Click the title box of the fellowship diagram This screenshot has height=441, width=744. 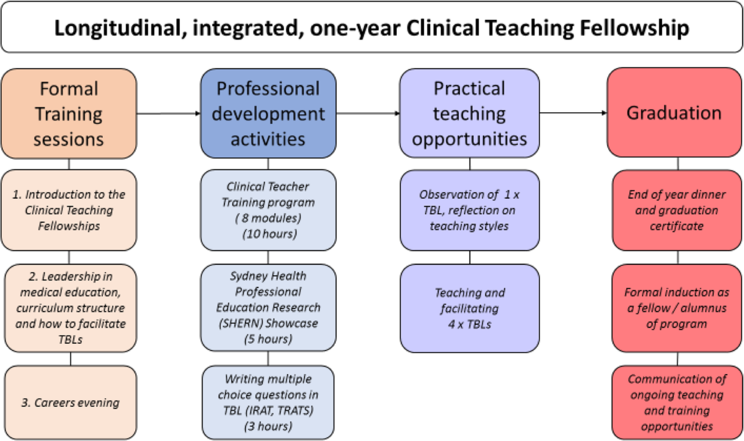(372, 27)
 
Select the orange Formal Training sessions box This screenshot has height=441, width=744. (69, 113)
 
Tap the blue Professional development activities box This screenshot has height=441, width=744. (268, 113)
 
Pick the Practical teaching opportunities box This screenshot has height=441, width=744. (469, 113)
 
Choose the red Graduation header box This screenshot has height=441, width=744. (675, 113)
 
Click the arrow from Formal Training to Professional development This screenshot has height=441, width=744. (169, 113)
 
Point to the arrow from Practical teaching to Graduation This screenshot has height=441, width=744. (573, 113)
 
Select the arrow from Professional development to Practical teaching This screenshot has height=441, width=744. (368, 113)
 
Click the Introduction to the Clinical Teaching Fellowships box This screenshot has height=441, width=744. (69, 210)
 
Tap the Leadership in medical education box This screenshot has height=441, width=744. (71, 308)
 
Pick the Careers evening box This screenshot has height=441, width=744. (71, 403)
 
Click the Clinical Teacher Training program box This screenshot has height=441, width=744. (268, 210)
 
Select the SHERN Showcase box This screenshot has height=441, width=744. (268, 308)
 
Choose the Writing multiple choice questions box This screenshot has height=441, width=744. (268, 403)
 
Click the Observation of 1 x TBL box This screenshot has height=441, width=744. (470, 211)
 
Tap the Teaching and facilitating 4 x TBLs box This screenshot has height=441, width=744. (470, 308)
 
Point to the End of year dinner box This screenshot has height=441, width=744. (677, 211)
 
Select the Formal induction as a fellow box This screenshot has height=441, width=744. (677, 308)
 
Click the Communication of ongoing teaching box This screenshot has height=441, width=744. (677, 403)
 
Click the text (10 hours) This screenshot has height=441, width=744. (270, 234)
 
